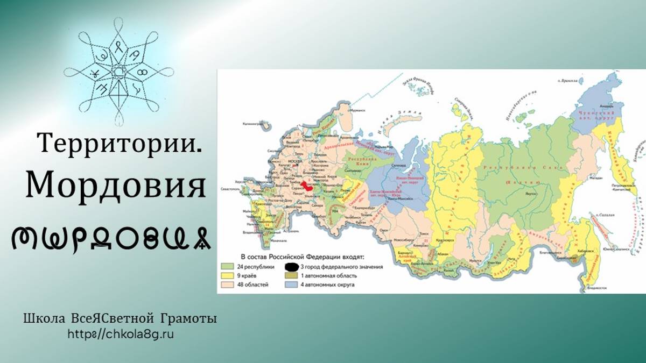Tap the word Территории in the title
coord(120,143)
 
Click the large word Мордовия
coord(116,186)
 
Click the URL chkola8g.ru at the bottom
coord(121,334)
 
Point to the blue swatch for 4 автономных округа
coord(291,284)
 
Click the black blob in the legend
coord(291,266)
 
